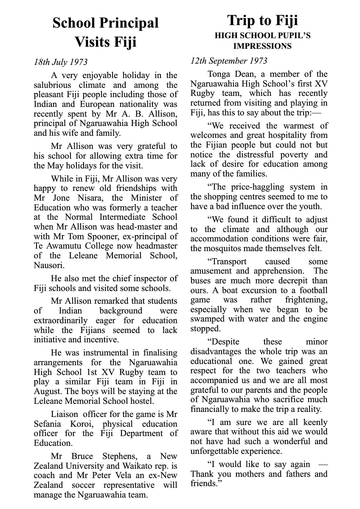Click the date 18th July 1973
click(61, 62)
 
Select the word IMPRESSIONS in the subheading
click(262, 46)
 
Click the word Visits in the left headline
click(93, 42)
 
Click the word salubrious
click(53, 85)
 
